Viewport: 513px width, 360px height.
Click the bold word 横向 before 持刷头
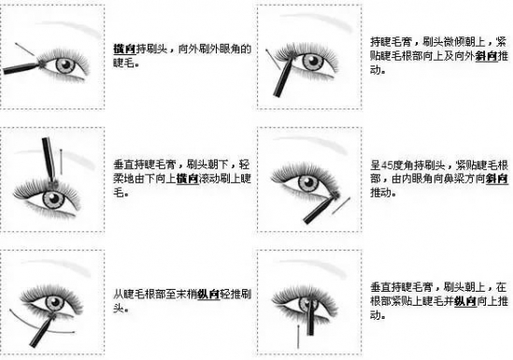(x=124, y=49)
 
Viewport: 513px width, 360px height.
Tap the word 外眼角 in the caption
(x=224, y=49)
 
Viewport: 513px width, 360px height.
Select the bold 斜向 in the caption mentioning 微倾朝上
(x=486, y=56)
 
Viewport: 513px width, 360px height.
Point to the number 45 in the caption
(x=387, y=166)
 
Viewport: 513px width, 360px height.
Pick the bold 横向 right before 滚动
(x=188, y=179)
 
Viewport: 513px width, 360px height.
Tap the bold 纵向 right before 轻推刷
(x=208, y=295)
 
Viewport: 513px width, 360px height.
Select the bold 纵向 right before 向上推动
(x=465, y=301)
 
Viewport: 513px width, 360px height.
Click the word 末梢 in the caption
(x=187, y=295)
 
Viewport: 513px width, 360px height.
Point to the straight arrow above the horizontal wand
(x=24, y=49)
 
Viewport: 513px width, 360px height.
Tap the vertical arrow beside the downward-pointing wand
(x=61, y=162)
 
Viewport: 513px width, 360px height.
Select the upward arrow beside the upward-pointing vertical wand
(x=298, y=336)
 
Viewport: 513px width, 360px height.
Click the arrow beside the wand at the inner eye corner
(x=341, y=206)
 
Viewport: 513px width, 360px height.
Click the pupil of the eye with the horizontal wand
(x=66, y=65)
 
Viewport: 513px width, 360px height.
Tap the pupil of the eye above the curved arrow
(x=53, y=303)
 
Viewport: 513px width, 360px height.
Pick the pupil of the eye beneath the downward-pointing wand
(x=53, y=198)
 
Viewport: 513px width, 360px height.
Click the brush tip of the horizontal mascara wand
(x=42, y=64)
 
